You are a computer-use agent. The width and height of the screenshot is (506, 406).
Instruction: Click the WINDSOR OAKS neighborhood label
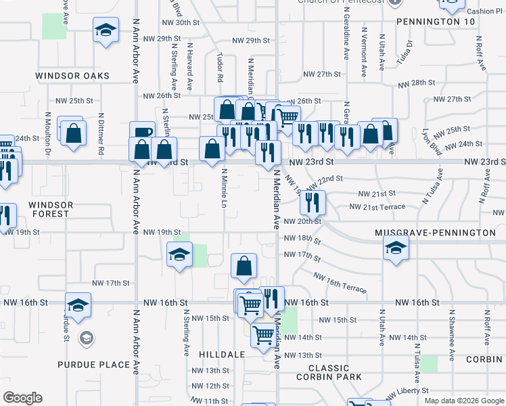[x=72, y=76]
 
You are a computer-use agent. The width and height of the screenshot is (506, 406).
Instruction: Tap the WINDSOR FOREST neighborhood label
[x=49, y=208]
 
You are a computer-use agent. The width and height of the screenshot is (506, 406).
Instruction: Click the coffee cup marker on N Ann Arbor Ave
[x=142, y=133]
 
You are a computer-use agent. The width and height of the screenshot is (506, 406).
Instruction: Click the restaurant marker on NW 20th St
[x=313, y=202]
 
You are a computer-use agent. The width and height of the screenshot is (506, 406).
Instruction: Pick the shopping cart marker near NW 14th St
[x=262, y=335]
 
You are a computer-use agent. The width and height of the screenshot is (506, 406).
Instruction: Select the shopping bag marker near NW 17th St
[x=244, y=266]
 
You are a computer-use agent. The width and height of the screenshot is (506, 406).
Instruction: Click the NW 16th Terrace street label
[x=340, y=284]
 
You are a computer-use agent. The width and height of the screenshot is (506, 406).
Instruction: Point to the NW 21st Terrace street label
[x=377, y=206]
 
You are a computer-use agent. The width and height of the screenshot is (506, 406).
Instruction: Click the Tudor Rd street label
[x=220, y=63]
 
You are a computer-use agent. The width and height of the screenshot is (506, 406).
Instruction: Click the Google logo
[x=22, y=398]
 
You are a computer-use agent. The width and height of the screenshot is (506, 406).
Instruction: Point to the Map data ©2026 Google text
[x=463, y=401]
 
